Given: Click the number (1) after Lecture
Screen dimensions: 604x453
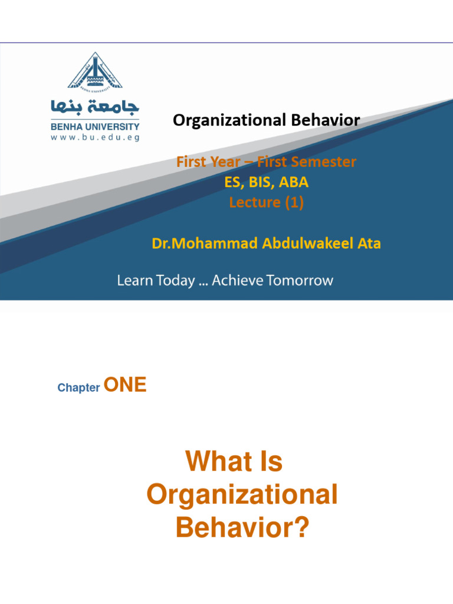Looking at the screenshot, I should coord(293,202).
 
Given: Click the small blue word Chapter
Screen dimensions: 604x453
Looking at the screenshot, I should coord(78,388).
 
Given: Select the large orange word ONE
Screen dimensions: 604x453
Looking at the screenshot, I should coord(124,385).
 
